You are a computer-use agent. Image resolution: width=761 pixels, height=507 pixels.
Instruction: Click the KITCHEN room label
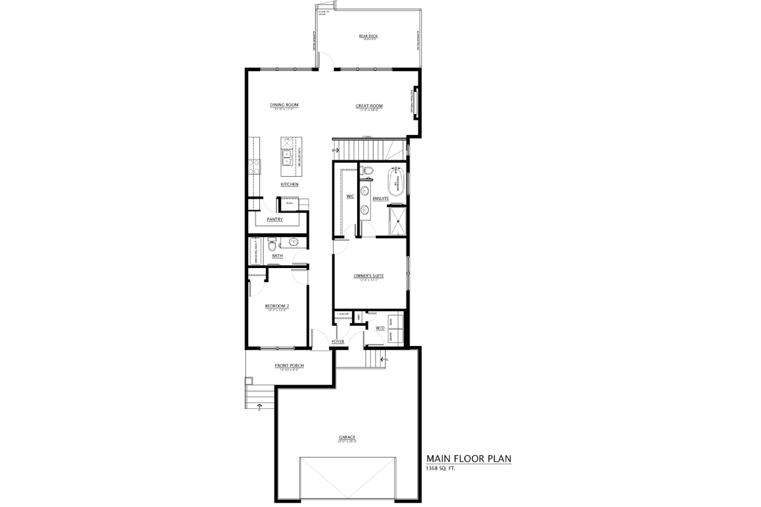point(289,184)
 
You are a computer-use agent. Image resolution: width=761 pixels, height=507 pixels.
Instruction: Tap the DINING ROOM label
point(283,105)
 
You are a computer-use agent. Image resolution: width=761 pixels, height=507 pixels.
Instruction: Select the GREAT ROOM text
point(369,106)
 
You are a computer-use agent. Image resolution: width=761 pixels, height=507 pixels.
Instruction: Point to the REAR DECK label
point(368,37)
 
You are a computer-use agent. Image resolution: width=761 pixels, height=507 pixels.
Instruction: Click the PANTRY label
point(275,220)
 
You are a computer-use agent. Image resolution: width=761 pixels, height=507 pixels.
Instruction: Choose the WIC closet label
point(349,196)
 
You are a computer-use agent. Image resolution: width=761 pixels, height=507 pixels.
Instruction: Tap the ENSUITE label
point(380,199)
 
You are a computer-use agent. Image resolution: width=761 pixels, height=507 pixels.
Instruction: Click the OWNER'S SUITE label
point(369,276)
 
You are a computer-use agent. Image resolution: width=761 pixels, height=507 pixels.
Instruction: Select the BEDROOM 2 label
point(276,306)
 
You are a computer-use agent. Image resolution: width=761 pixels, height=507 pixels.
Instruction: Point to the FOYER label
point(337,342)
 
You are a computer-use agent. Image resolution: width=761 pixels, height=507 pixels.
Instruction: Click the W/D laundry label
point(380,328)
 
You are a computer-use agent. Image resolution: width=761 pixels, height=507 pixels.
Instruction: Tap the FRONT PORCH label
point(289,366)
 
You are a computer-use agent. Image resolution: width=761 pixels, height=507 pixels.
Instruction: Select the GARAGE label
point(347,437)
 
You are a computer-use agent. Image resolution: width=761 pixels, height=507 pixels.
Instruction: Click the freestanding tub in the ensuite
point(396,180)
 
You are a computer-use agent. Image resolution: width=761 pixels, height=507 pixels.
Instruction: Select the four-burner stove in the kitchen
point(254,166)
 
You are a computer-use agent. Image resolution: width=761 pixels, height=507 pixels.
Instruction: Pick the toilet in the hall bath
point(272,243)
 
